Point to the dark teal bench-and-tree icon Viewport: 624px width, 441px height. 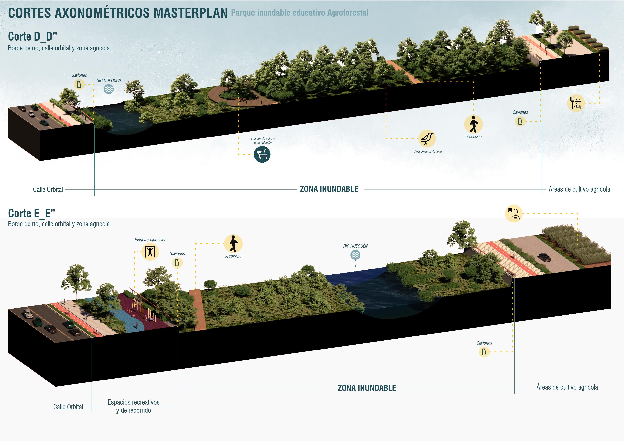262,154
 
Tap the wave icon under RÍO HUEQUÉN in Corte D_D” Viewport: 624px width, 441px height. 109,89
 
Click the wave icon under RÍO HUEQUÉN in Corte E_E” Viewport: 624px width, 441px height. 355,255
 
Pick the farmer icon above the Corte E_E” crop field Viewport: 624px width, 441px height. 514,214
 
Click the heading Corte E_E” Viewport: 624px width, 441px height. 31,214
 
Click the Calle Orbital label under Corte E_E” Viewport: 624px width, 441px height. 68,407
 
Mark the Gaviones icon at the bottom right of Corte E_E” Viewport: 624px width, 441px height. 484,352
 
